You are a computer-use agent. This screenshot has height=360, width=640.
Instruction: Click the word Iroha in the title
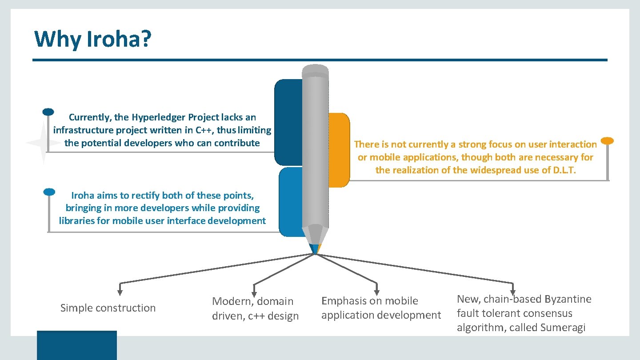pos(112,39)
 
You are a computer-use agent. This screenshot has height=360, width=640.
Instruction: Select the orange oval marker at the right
pos(607,141)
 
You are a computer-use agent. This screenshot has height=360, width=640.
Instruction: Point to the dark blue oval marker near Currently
pos(48,112)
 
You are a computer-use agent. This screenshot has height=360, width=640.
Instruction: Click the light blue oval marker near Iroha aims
pos(49,192)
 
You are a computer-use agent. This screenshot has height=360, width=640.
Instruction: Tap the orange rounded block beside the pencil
pos(339,150)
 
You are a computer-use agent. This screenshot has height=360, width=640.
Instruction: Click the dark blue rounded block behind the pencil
pos(288,122)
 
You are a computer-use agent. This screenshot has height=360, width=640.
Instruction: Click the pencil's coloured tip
pos(315,249)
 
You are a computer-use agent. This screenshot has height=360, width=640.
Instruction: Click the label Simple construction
pos(108,308)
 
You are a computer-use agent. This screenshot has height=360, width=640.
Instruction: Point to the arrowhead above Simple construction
pos(120,292)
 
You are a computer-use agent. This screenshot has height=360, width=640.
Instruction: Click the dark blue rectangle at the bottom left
pos(76,345)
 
